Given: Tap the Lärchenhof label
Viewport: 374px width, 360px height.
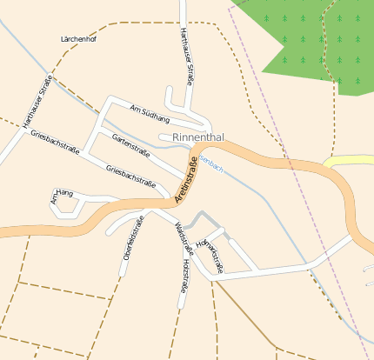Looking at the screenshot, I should [79, 40].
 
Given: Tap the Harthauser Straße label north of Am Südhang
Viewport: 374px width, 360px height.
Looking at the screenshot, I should [185, 55].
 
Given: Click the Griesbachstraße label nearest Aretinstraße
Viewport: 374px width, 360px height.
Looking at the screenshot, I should [130, 176].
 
